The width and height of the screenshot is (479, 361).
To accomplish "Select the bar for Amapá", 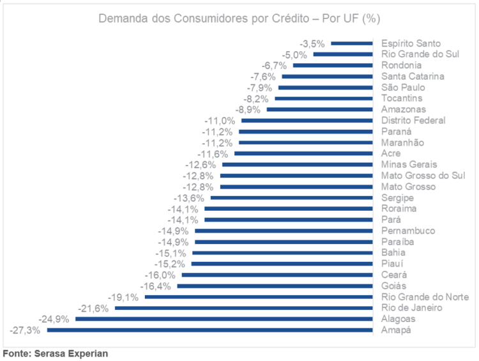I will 209,330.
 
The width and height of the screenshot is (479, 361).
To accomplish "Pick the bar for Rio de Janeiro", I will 243,308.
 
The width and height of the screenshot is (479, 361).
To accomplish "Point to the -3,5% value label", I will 312,43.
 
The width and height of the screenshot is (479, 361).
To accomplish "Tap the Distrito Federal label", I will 413,121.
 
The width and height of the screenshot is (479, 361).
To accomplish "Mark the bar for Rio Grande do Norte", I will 259,297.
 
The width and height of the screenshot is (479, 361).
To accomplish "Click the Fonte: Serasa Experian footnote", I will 56,353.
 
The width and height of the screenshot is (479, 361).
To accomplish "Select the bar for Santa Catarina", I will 326,77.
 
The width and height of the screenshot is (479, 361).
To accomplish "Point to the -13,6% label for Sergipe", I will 190,198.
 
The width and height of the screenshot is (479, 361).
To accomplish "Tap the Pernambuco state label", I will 408,231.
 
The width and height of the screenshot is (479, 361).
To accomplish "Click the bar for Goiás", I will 275,286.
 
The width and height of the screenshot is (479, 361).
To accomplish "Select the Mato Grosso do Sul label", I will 422,176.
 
